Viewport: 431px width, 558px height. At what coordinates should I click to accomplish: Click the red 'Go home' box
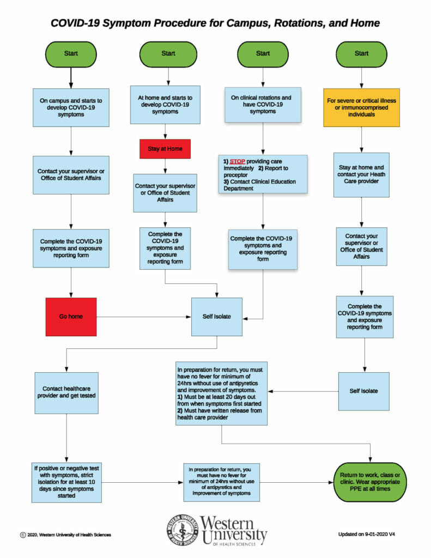pos(71,317)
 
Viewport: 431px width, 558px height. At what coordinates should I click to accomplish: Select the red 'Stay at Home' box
pos(165,149)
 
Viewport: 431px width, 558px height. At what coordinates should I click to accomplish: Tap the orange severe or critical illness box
pos(361,107)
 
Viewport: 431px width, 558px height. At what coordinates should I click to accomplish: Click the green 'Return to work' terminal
pos(370,482)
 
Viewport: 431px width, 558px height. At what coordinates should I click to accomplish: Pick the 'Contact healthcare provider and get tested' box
pos(66,393)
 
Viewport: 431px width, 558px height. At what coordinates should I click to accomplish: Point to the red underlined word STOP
pos(237,161)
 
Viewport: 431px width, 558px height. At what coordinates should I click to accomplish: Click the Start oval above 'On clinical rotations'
pos(263,54)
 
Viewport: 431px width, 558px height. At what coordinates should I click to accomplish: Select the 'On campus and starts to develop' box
pos(71,107)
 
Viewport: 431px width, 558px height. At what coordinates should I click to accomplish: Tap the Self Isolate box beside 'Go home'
pos(217,317)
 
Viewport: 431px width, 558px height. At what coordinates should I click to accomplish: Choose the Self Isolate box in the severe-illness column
pos(363,391)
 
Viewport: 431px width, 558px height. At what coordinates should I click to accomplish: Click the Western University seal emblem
pos(183,530)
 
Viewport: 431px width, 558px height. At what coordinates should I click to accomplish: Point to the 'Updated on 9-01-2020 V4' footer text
pos(366,534)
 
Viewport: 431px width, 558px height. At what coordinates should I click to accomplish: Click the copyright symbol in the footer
pos(23,535)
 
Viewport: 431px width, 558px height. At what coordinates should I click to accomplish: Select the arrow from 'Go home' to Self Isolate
pos(144,317)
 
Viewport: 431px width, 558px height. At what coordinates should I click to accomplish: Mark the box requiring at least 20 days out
pos(221,393)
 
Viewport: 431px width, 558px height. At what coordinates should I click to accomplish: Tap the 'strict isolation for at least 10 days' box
pos(66,482)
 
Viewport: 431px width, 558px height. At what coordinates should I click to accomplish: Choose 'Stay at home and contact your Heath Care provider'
pos(361,175)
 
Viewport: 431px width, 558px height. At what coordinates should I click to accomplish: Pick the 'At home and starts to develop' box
pos(165,105)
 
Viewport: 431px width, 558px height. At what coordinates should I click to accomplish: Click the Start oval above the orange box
pos(361,54)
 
